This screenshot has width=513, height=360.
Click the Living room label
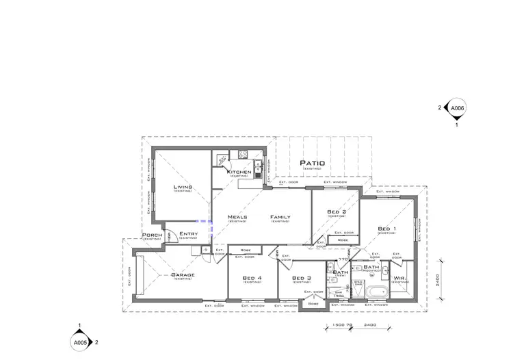coord(183,187)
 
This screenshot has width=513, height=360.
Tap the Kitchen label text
coord(239,172)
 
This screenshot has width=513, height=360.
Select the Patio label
coord(312,164)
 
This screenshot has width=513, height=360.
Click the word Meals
coord(237,217)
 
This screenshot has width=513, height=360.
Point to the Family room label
coord(280,217)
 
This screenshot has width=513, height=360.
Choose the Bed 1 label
coord(386,229)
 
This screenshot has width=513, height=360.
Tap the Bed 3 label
coord(302,278)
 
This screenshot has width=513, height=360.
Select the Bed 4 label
coord(252,278)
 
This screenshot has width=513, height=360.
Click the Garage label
coord(183,275)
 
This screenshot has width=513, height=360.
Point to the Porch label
coord(152,235)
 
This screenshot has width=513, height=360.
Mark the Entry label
coord(188,234)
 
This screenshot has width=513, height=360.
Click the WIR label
coord(399,278)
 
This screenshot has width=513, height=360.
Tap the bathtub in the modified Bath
coord(377,293)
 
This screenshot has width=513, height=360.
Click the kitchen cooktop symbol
coord(222,159)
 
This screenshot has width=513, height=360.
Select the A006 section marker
coord(456,108)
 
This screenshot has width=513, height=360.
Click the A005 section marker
coord(80,341)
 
